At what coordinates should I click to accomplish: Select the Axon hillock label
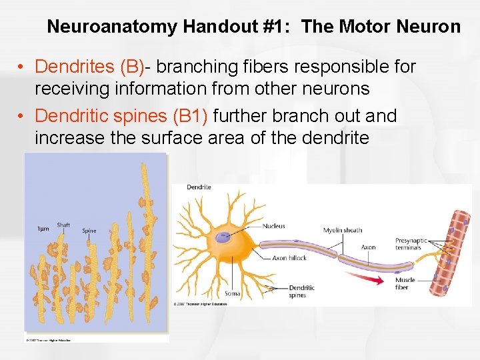click(x=289, y=258)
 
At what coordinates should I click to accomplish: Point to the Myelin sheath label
click(x=343, y=230)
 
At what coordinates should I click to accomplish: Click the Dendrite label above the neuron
click(x=199, y=187)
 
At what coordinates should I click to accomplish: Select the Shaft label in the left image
click(x=63, y=225)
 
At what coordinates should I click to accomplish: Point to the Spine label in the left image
click(x=89, y=231)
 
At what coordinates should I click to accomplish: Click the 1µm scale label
click(x=42, y=229)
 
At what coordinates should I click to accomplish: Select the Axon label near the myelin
click(x=368, y=247)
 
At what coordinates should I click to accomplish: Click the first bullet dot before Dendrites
click(x=22, y=67)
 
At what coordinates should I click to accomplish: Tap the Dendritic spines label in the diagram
click(x=301, y=291)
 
